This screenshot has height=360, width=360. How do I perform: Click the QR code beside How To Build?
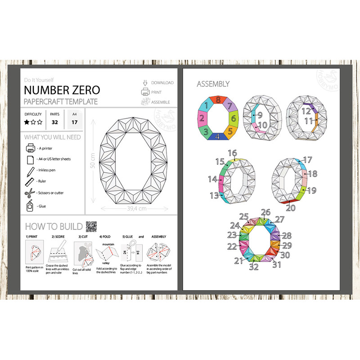(92, 225)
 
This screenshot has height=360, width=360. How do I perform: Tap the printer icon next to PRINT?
(145, 92)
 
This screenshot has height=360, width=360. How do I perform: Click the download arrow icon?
(145, 82)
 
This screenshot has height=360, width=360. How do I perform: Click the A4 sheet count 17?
(74, 121)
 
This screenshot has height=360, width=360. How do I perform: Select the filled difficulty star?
(27, 122)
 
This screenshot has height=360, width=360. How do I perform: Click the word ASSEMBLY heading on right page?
(213, 84)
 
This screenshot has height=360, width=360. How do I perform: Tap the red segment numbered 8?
(218, 100)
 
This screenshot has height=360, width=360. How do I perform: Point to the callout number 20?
(291, 208)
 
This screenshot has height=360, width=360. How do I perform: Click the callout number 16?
(232, 153)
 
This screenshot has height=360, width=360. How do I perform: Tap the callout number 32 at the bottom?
(254, 266)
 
